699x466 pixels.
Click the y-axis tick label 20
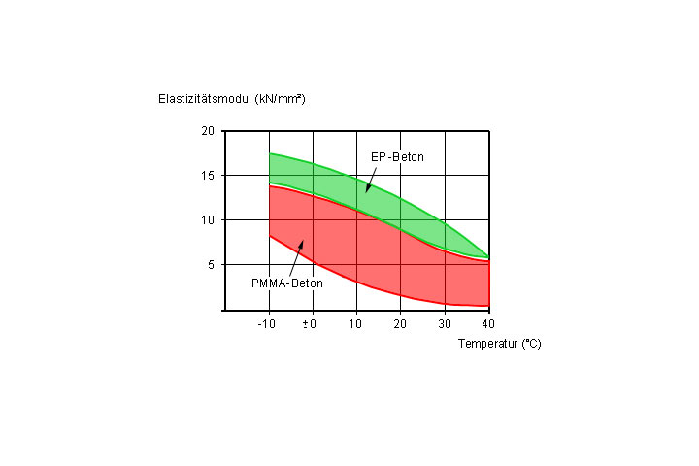(x=208, y=131)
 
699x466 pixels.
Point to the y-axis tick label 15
(x=208, y=176)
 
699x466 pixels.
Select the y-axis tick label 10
(x=208, y=220)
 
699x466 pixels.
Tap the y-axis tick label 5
(x=211, y=264)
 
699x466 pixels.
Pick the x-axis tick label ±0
(x=311, y=323)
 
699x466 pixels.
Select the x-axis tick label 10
(x=355, y=323)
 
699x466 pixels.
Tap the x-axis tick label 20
(x=400, y=323)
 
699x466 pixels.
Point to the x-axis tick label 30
(x=445, y=323)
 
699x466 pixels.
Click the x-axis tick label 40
(x=488, y=323)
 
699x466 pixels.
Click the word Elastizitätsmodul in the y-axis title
(x=205, y=99)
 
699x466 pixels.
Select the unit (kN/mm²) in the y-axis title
(x=280, y=99)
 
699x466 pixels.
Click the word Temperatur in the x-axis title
(x=488, y=344)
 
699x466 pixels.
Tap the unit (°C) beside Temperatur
(x=531, y=344)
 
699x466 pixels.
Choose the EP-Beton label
(x=397, y=157)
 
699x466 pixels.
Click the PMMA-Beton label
(x=287, y=283)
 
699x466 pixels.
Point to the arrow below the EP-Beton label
(x=372, y=179)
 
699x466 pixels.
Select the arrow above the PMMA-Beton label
(x=295, y=256)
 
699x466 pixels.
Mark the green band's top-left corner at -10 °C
(x=269, y=153)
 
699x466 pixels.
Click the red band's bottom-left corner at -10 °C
(x=269, y=235)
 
